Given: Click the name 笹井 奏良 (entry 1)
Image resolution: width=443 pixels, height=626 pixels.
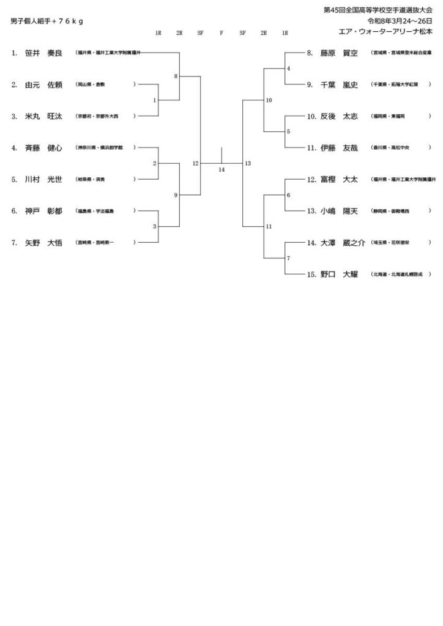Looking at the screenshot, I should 45,53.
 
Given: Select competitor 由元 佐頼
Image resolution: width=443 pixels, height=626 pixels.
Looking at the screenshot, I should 45,85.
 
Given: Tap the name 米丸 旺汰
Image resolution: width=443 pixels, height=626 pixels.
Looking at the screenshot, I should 45,116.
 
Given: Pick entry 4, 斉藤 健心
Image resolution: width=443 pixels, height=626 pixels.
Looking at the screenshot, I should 45,148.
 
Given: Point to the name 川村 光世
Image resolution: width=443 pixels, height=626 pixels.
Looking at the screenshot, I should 45,180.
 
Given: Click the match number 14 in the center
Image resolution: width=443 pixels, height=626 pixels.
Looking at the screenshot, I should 221,170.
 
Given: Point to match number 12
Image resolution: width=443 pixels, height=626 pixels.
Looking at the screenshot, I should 195,163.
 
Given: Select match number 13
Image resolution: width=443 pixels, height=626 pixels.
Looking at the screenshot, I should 247,163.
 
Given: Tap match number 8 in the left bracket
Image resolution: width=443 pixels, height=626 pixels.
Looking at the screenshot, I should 176,76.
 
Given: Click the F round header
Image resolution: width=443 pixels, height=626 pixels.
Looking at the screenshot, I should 221,33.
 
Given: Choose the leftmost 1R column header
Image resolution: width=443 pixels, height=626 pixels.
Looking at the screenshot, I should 158,33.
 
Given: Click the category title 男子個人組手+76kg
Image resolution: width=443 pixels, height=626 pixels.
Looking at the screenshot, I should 47,21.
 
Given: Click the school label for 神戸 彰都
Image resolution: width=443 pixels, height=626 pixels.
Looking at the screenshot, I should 95,211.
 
